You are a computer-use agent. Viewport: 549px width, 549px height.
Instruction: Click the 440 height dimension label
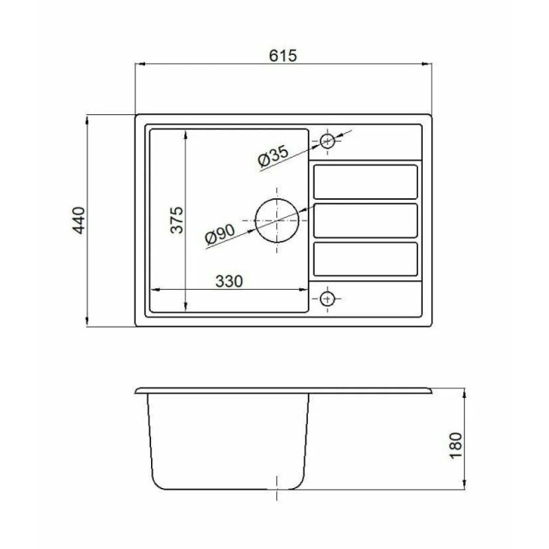[x=78, y=220]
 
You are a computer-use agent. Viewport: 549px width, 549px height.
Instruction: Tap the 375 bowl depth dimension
[x=177, y=220]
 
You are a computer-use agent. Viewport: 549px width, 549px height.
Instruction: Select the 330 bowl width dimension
[x=229, y=281]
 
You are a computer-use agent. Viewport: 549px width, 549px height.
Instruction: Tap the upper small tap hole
[x=327, y=141]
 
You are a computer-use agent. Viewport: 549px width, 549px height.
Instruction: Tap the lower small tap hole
[x=326, y=299]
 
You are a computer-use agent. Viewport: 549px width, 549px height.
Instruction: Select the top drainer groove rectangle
[x=365, y=181]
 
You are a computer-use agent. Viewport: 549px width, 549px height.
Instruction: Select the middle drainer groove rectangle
[x=365, y=220]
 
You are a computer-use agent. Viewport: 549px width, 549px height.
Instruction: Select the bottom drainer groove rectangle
[x=365, y=258]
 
